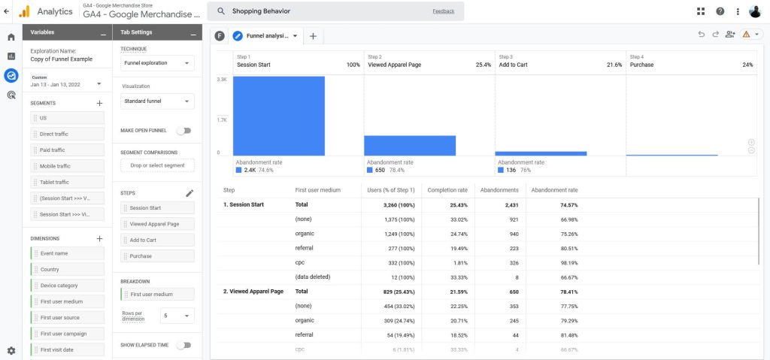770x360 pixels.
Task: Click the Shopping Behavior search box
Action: (x=335, y=11)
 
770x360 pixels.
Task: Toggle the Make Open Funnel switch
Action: (x=184, y=131)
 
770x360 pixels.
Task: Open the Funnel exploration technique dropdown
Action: (x=157, y=63)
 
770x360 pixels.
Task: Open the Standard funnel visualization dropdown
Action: (x=157, y=101)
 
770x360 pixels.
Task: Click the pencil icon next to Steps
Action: (x=189, y=193)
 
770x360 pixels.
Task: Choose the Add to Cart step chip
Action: (x=157, y=241)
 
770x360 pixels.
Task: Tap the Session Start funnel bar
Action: (x=279, y=116)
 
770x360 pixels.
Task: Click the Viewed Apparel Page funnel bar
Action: (x=410, y=146)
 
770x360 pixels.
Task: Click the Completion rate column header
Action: (x=447, y=190)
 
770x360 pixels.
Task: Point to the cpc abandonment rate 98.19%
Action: (x=569, y=263)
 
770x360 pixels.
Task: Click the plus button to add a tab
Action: (x=314, y=36)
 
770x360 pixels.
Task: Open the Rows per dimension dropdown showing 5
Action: (x=177, y=316)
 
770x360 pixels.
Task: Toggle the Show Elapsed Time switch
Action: (x=184, y=345)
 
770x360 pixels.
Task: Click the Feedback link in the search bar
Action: (x=444, y=11)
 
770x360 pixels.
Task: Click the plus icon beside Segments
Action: (x=100, y=103)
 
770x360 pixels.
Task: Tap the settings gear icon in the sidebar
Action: (x=11, y=351)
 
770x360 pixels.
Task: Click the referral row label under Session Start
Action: (x=304, y=249)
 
